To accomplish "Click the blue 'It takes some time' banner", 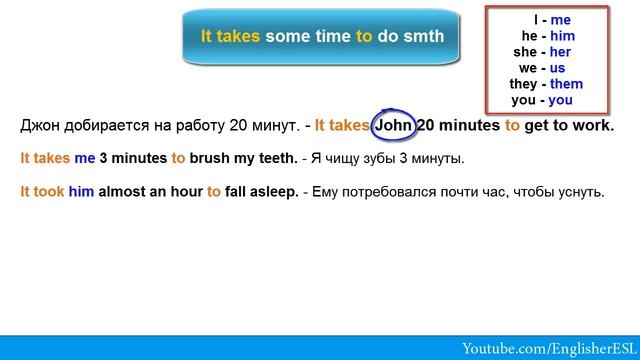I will coord(322,36).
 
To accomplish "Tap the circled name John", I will coord(392,126).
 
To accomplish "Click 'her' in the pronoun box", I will coord(560,51).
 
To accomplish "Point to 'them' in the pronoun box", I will coord(564,84).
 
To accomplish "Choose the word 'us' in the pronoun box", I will coord(558,67).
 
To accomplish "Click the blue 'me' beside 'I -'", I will coord(560,18).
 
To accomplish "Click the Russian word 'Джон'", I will coord(40,126).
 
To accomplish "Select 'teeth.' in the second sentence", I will coord(275,158).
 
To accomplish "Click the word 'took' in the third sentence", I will coord(49,191).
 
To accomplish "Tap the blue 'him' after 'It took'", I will coord(81,191).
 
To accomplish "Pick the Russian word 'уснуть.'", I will coord(579,191).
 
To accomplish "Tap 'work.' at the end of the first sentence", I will coord(594,126).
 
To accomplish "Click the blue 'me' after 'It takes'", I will coord(84,158).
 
